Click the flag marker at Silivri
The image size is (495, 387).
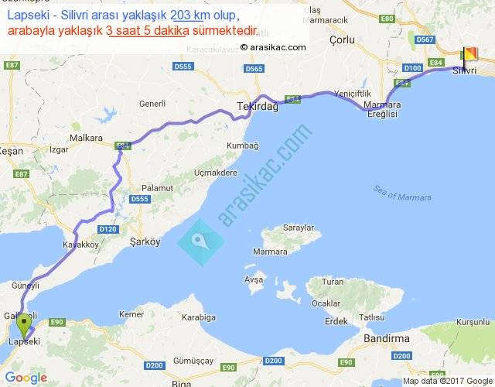pyautogui.click(x=468, y=56)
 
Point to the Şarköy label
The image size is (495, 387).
pyautogui.click(x=145, y=241)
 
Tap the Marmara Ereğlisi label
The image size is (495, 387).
pyautogui.click(x=380, y=109)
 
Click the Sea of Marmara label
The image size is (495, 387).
pyautogui.click(x=401, y=193)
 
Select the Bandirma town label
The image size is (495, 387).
pyautogui.click(x=386, y=338)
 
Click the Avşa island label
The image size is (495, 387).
pyautogui.click(x=254, y=279)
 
